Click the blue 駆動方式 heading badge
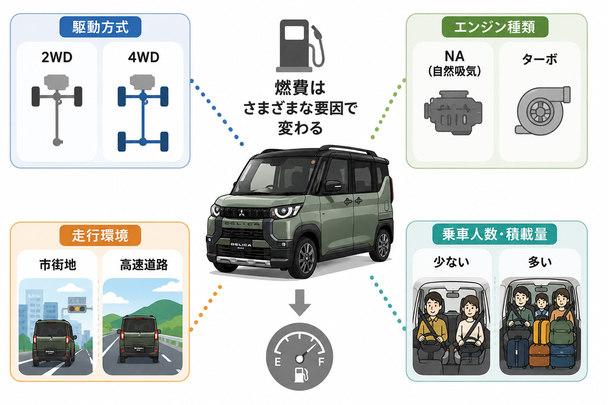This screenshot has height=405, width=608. click(100, 27)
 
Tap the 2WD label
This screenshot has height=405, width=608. click(57, 58)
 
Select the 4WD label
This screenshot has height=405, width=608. click(144, 58)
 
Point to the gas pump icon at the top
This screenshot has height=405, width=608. click(300, 46)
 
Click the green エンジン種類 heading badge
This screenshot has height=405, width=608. click(495, 27)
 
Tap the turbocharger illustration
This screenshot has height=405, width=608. click(541, 110)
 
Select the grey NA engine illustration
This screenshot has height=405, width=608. click(452, 112)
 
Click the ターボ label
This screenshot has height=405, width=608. click(539, 59)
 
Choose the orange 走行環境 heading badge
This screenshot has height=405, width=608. click(100, 235)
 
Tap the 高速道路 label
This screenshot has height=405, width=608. click(144, 265)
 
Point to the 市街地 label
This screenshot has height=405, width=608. click(58, 265)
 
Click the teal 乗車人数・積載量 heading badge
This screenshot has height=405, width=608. click(495, 234)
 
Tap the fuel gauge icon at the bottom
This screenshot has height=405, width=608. click(299, 356)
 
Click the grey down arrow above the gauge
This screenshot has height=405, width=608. click(299, 302)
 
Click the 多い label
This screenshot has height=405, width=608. click(539, 263)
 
